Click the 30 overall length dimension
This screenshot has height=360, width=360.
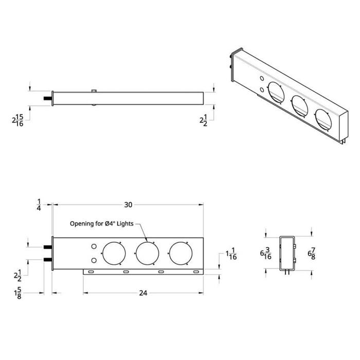coord(128,205)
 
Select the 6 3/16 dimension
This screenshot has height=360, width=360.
coord(265,254)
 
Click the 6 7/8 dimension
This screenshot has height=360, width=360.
coord(311,254)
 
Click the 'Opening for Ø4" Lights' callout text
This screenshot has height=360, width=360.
coord(102,224)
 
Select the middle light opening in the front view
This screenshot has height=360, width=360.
coord(147,254)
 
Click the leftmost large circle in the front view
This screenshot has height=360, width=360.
coord(114,254)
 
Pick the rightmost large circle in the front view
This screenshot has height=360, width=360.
coord(180,254)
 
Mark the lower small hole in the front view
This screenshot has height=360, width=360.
coord(93,260)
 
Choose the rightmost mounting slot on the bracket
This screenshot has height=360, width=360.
coord(195,272)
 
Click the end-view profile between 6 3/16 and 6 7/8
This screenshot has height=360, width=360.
coord(288,254)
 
